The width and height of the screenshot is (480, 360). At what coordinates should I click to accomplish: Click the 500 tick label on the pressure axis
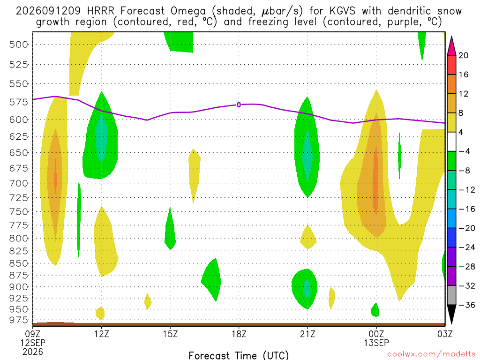point(19,45)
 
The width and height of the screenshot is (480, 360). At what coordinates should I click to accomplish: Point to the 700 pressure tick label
point(19,183)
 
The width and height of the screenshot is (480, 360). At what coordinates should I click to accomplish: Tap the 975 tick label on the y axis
point(19,320)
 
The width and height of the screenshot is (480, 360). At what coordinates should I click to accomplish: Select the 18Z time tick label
point(239,334)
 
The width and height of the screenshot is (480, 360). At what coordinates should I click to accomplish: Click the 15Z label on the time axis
point(171,334)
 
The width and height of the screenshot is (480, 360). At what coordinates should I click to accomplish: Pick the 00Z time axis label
point(376,334)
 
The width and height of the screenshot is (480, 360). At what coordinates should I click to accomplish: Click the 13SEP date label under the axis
point(376,343)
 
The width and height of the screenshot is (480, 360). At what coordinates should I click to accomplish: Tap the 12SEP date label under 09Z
point(33,343)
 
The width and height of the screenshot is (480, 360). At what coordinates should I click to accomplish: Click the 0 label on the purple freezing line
point(239,105)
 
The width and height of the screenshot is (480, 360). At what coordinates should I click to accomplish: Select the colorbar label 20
point(463,55)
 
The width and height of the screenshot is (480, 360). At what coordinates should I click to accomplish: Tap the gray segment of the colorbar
point(451,295)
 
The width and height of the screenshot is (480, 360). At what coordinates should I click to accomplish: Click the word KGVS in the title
point(342,11)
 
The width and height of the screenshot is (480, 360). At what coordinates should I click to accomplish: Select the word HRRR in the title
point(100,11)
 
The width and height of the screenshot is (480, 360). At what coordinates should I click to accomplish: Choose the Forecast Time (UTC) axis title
point(239,355)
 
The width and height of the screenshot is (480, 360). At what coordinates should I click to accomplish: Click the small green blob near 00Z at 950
point(375,310)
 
